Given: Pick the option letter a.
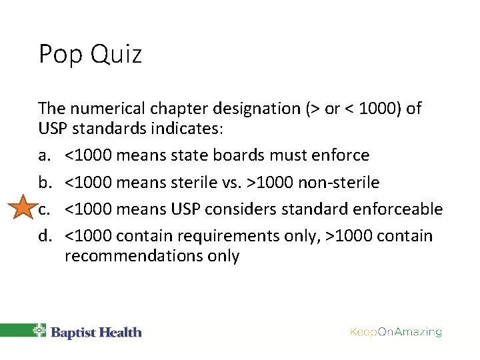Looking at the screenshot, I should (44, 155).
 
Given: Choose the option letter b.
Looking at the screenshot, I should (44, 182).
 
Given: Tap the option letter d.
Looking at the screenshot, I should (44, 235).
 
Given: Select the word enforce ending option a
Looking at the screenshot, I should (343, 155).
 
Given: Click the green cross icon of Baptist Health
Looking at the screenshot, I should (39, 331).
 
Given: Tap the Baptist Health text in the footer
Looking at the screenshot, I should (96, 331).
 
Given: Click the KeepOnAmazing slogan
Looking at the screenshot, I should (395, 331).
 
